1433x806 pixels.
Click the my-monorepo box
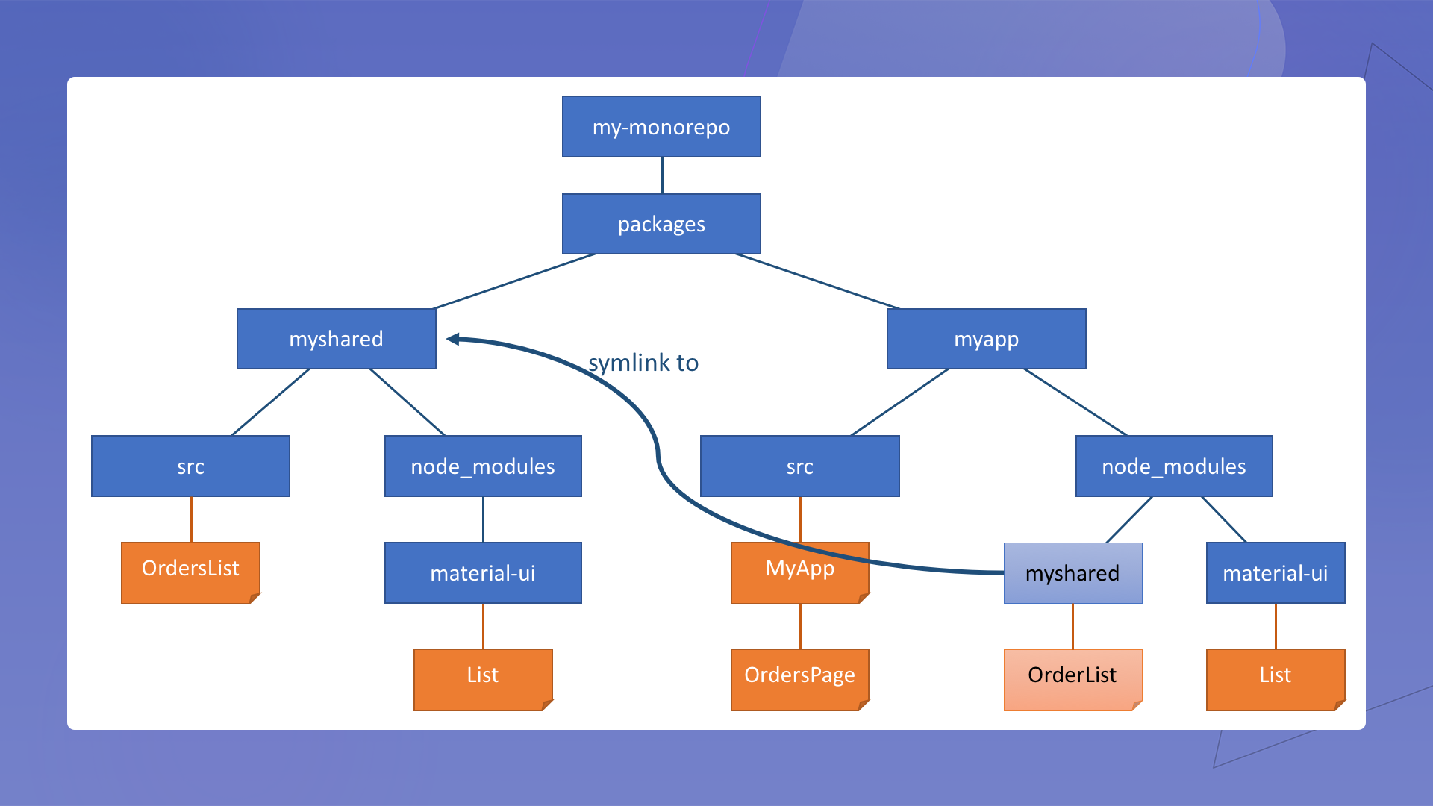(x=661, y=127)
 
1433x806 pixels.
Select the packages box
(x=661, y=224)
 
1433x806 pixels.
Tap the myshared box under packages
(x=336, y=339)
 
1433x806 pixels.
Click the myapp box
(x=986, y=339)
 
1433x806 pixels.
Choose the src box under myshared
(x=190, y=466)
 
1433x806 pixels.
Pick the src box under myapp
(x=799, y=466)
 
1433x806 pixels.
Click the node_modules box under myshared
(x=483, y=466)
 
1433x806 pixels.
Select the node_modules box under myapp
(x=1173, y=466)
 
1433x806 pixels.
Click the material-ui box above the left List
(x=483, y=573)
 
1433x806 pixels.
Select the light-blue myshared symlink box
(x=1073, y=573)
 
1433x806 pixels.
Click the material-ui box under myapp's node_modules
(x=1275, y=573)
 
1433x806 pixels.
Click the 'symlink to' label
(x=643, y=363)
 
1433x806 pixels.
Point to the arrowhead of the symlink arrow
(x=452, y=339)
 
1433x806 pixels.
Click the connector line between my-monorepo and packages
(x=662, y=175)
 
